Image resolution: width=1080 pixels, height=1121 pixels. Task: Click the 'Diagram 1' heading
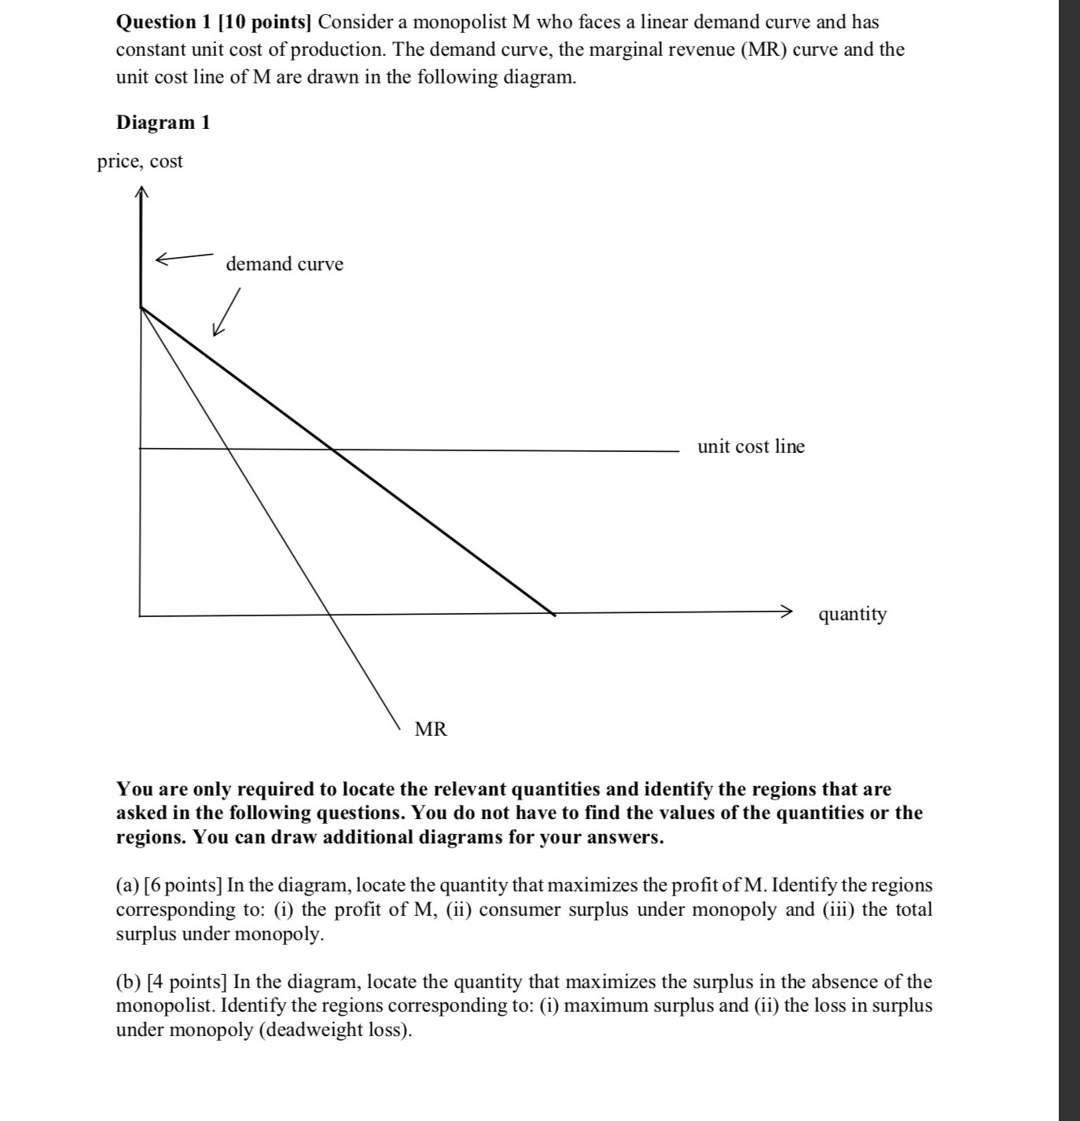(x=163, y=123)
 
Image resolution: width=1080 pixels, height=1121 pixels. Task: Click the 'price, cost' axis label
(x=140, y=161)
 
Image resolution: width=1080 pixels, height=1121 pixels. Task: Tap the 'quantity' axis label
(x=852, y=614)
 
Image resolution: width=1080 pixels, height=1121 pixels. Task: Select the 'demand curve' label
(x=285, y=264)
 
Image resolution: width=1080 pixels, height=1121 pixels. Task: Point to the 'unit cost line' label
(x=751, y=447)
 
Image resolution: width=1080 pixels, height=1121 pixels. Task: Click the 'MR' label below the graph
(x=431, y=730)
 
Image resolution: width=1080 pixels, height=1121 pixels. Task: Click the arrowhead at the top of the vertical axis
(x=141, y=191)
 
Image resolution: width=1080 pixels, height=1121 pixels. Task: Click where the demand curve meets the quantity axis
(x=554, y=614)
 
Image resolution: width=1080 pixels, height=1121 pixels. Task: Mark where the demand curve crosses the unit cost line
(x=332, y=450)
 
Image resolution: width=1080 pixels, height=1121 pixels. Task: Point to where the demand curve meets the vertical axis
(x=141, y=308)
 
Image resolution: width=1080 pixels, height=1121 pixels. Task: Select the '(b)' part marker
(x=128, y=982)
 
